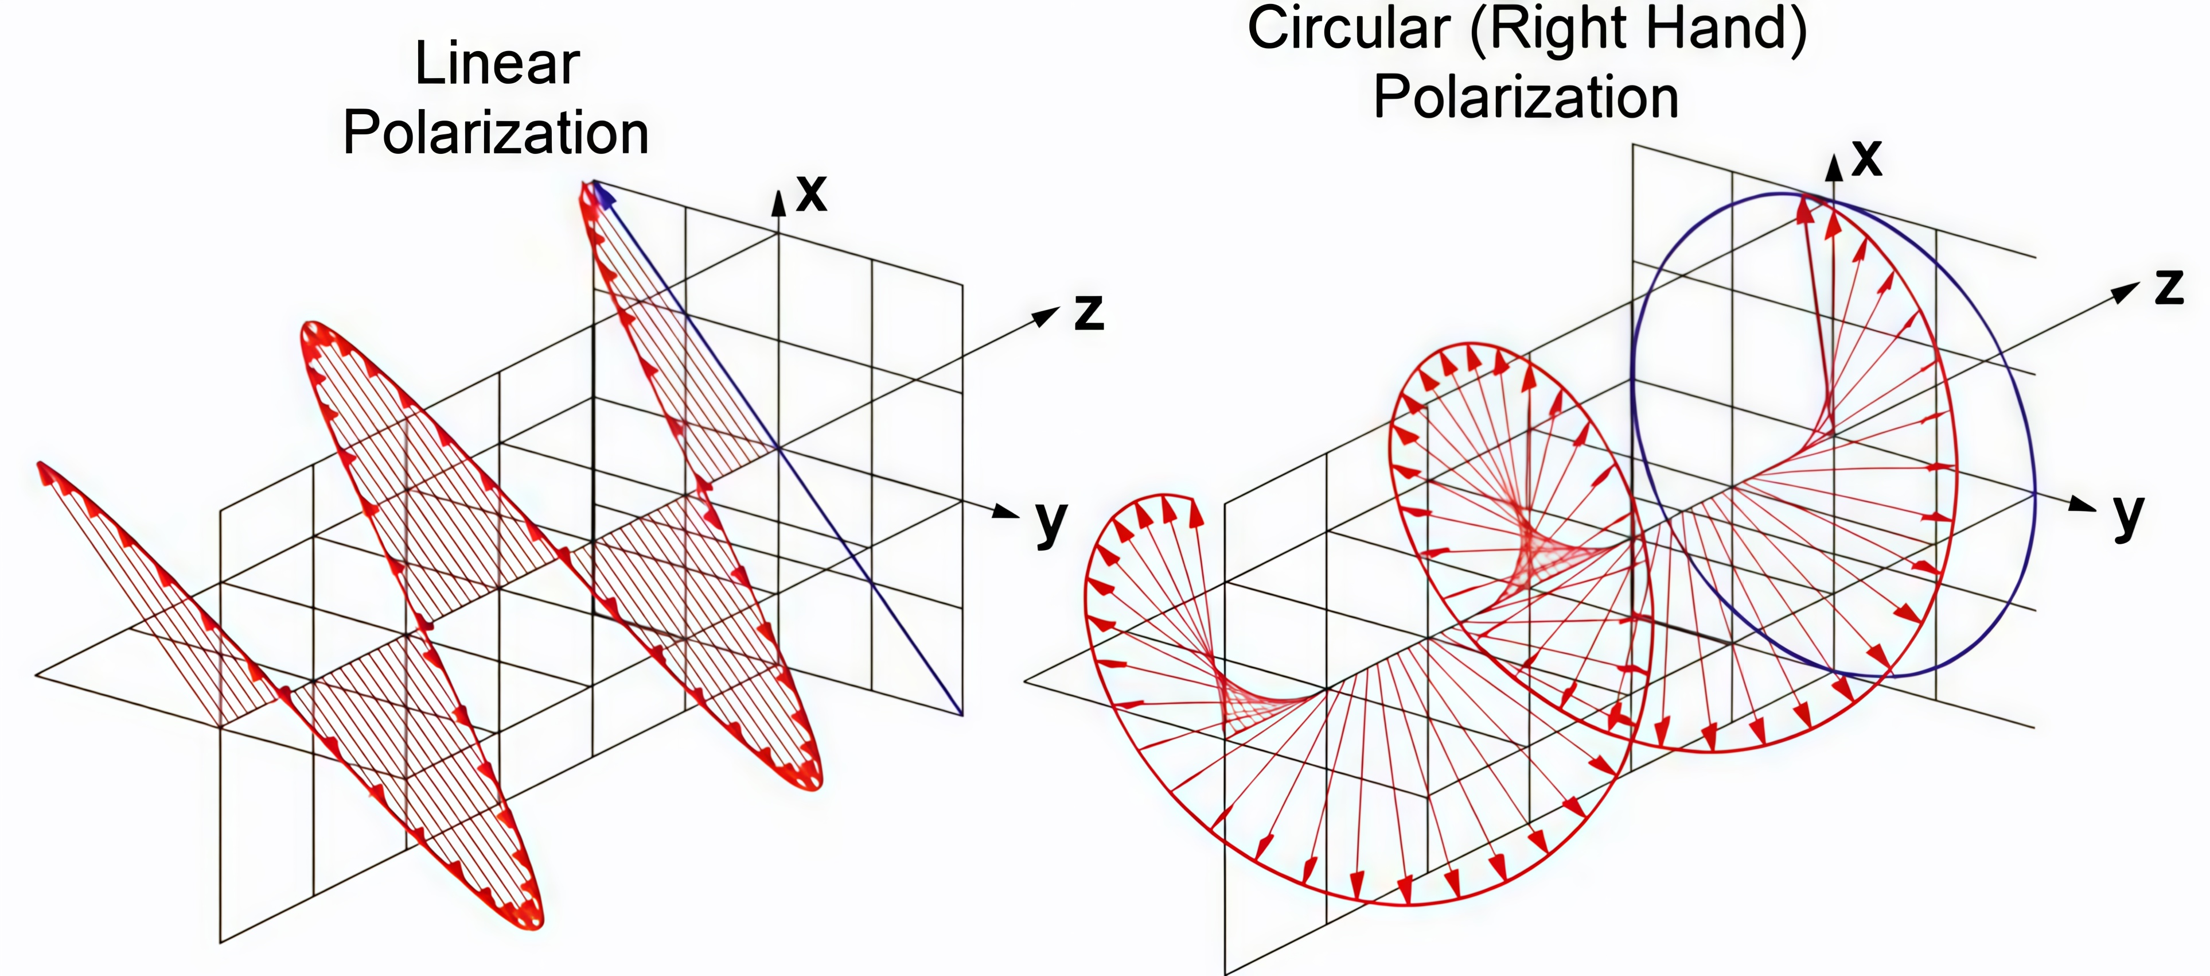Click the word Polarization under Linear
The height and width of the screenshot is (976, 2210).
(496, 134)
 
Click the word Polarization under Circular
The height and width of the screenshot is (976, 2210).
(1525, 97)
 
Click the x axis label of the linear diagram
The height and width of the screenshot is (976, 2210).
(810, 192)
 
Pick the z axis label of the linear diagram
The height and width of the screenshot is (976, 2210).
(1089, 312)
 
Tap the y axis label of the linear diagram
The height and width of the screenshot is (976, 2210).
(1051, 520)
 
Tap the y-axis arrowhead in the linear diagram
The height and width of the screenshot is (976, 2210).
(1005, 512)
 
